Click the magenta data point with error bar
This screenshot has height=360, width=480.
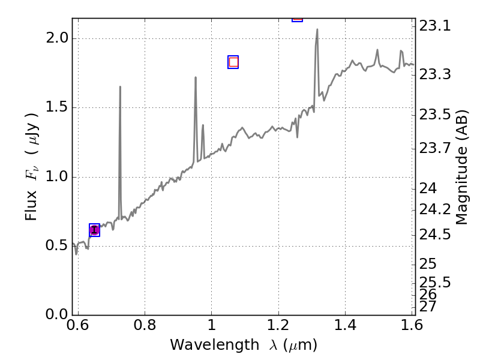pyautogui.click(x=94, y=230)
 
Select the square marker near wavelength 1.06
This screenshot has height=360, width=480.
pyautogui.click(x=233, y=62)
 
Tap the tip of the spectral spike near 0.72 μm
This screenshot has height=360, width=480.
pyautogui.click(x=120, y=87)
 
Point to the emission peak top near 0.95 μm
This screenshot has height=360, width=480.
pyautogui.click(x=196, y=77)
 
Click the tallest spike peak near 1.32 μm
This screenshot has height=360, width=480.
pyautogui.click(x=317, y=29)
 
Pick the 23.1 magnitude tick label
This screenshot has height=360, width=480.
pyautogui.click(x=436, y=26)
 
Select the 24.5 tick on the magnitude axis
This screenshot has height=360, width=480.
pyautogui.click(x=436, y=234)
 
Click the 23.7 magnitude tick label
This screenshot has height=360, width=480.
pyautogui.click(x=436, y=148)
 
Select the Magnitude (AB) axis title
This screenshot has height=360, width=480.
pyautogui.click(x=461, y=167)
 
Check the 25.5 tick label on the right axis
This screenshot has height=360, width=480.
pyautogui.click(x=436, y=282)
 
